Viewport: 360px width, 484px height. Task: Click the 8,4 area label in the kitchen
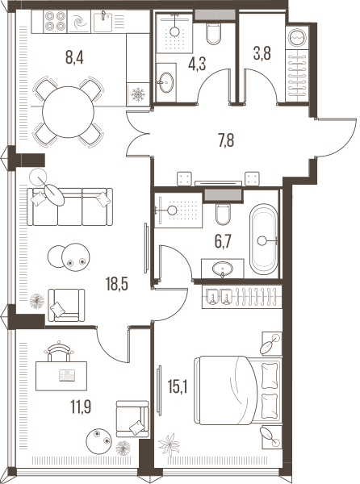(x=74, y=58)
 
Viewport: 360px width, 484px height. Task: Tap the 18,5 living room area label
(x=117, y=284)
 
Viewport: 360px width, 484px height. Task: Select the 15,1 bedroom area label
(x=178, y=386)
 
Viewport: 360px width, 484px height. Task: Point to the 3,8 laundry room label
(x=262, y=53)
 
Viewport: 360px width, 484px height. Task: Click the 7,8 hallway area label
(x=226, y=140)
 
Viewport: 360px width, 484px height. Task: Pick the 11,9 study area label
(x=81, y=407)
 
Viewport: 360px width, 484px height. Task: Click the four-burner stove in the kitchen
(x=56, y=21)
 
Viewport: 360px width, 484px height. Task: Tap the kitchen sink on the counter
(x=103, y=21)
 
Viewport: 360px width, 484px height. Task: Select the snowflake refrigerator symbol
(x=138, y=94)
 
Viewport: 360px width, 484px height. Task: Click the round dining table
(x=68, y=112)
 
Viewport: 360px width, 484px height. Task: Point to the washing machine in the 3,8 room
(x=297, y=36)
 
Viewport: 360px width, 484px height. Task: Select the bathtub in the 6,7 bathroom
(x=263, y=240)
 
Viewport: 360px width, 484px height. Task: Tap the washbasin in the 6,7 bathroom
(x=223, y=269)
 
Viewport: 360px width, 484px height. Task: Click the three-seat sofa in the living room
(x=70, y=207)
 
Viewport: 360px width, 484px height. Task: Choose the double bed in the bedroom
(x=237, y=390)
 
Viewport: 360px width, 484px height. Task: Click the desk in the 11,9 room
(x=61, y=376)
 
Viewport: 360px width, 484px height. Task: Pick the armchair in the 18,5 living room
(x=66, y=305)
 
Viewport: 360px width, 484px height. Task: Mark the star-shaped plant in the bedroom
(x=169, y=444)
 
